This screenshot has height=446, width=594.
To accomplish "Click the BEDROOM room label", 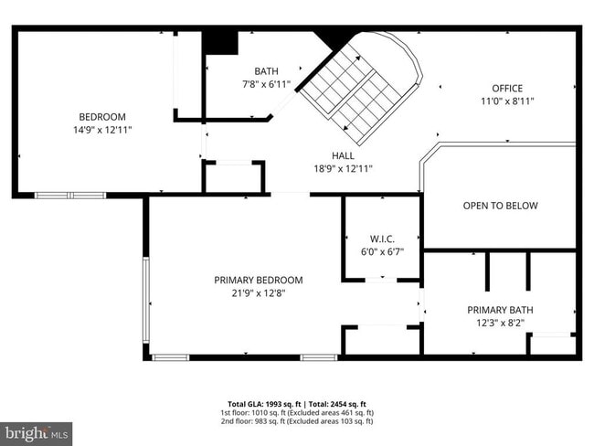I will (x=102, y=117).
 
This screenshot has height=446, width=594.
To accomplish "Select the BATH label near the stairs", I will (x=266, y=71).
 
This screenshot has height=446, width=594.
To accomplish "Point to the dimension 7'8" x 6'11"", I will (x=266, y=84).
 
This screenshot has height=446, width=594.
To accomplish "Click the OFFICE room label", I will (x=507, y=89).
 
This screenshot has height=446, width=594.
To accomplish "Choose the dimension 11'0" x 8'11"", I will (x=507, y=101).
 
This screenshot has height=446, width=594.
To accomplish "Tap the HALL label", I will (x=344, y=155).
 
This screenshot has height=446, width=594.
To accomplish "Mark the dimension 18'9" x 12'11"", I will (x=344, y=168).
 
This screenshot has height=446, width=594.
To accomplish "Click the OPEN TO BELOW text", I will (x=500, y=206).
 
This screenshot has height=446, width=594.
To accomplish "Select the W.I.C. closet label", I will (x=382, y=239).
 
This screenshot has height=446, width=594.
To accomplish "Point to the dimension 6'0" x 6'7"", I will (x=382, y=251).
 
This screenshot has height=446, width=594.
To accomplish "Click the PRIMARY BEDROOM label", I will (x=259, y=280).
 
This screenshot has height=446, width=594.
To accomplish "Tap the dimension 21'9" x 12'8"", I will (x=259, y=292).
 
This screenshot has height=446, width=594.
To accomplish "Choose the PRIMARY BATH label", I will (x=500, y=310).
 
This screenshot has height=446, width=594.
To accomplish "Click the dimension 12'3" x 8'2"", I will (x=500, y=323).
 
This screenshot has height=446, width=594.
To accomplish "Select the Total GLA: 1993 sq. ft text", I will (x=260, y=403).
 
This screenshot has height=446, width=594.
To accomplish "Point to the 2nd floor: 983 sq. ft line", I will (x=297, y=421).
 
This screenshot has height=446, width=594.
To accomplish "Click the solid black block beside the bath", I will (x=219, y=42).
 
